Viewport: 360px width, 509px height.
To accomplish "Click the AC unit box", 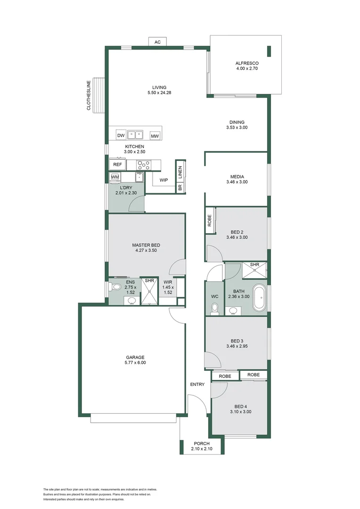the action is tap(157, 42).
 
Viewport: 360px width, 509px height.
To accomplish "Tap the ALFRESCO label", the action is tap(247, 63).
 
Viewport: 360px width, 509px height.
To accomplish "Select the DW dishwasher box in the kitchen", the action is tap(121, 135).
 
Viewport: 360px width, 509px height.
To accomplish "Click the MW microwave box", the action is tap(155, 136).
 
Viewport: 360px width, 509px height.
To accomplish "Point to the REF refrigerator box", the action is tap(117, 164).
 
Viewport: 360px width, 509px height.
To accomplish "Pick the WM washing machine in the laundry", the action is tap(115, 177).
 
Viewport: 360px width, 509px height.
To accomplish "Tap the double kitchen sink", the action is tap(135, 134).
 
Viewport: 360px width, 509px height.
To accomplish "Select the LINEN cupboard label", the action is tap(180, 172).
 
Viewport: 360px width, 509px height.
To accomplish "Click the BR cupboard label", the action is tap(180, 187).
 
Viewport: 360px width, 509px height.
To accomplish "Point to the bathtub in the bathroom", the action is tap(259, 297).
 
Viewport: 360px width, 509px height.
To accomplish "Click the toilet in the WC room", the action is tap(214, 309).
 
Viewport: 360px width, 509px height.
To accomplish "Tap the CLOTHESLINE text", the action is tap(89, 95).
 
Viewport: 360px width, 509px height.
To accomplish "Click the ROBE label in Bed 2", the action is tap(209, 221).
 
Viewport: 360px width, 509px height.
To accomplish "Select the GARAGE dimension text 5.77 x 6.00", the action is tap(135, 362).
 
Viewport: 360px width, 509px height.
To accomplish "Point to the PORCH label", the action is tap(202, 443).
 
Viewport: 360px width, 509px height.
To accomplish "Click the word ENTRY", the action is tap(197, 385).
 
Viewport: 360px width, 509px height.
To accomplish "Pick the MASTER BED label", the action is tap(146, 245).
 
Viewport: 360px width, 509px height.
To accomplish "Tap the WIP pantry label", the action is tap(164, 180).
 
